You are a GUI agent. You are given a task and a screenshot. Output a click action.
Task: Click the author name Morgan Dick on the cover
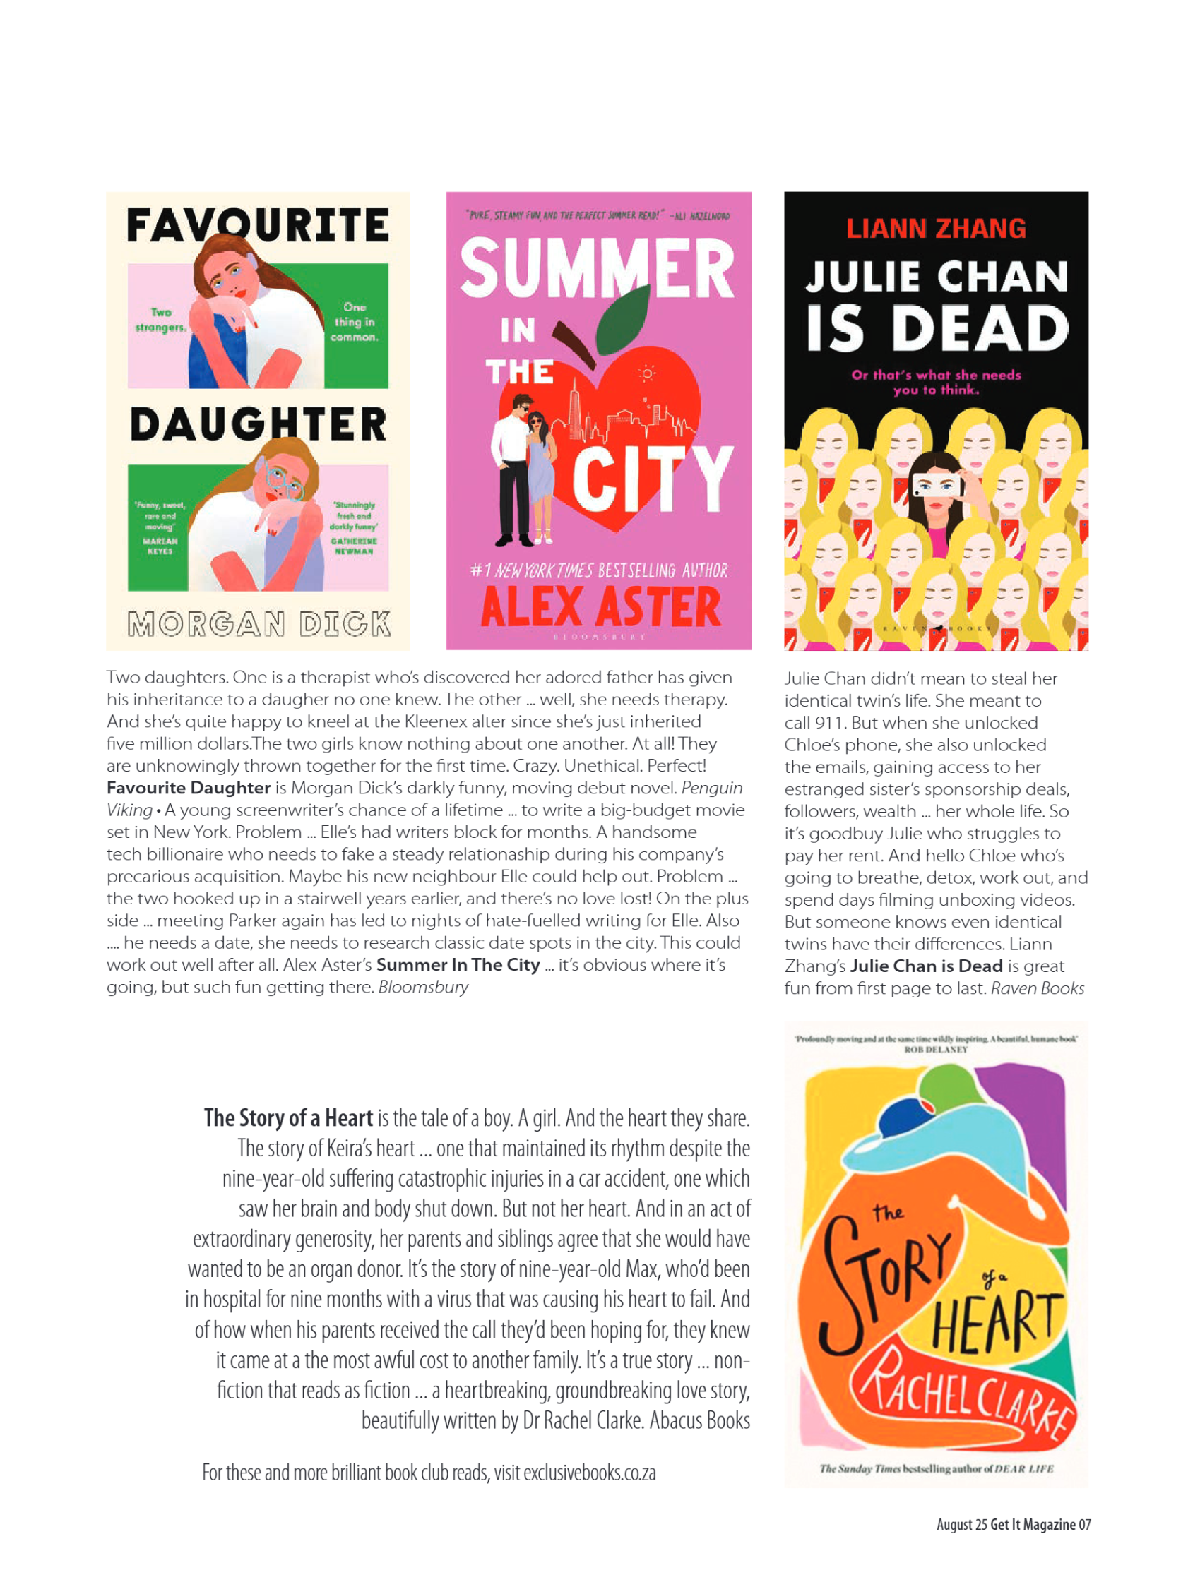[259, 625]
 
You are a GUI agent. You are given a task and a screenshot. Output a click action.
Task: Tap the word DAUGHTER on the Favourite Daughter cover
[259, 425]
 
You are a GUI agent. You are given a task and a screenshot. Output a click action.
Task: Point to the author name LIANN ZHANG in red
[936, 229]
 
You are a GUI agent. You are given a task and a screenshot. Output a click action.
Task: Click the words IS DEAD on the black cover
[937, 328]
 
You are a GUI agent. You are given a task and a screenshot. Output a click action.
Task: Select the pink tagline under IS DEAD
[936, 383]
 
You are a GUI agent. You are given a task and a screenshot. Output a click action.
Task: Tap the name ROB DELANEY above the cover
[936, 1050]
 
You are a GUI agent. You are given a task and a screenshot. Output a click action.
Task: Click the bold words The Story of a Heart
[288, 1118]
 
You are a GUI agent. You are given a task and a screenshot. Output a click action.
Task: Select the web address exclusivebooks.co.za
[589, 1473]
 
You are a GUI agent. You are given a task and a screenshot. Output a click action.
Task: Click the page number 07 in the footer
[1084, 1525]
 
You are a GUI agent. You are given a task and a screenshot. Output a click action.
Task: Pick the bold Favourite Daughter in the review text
[189, 789]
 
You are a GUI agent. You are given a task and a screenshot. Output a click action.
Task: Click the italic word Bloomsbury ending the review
[424, 988]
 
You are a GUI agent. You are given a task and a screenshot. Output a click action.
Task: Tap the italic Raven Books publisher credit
[1037, 989]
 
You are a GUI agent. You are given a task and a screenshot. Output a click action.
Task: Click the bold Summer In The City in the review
[458, 965]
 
